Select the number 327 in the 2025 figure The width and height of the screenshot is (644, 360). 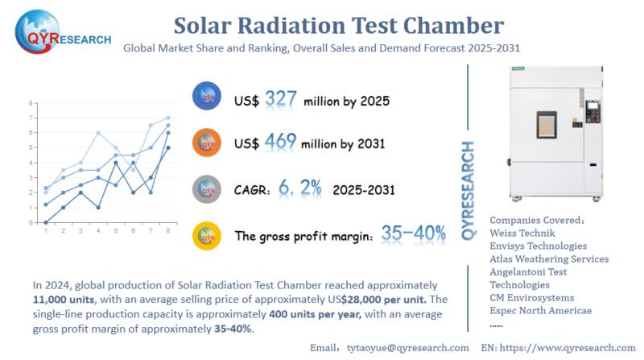click(280, 98)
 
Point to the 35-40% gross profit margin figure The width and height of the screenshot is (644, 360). click(414, 234)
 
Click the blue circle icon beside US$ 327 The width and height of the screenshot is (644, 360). click(207, 97)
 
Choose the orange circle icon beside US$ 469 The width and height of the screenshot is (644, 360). click(207, 143)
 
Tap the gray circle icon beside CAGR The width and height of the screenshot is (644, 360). click(207, 188)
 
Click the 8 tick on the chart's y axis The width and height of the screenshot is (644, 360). click(30, 104)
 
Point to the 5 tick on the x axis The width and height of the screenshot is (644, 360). click(116, 231)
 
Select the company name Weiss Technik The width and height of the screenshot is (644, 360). click(523, 232)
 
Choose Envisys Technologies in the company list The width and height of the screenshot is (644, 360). click(538, 246)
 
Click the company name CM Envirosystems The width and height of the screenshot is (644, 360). click(533, 298)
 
